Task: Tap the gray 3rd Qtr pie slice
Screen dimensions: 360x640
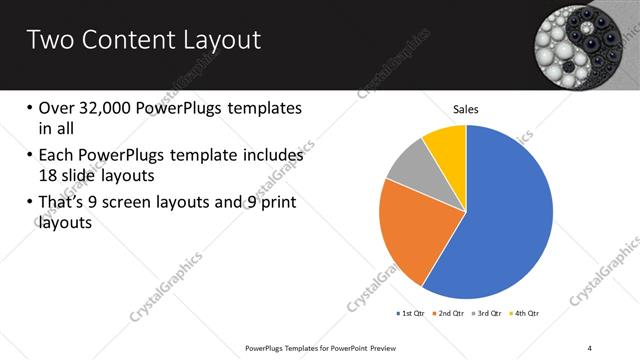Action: point(408,169)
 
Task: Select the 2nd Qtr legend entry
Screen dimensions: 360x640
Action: point(450,314)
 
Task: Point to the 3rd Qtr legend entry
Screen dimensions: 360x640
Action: point(488,314)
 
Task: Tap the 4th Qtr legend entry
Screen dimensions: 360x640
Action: point(525,314)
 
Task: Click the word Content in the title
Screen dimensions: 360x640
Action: point(124,40)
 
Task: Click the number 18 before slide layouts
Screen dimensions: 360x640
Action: point(50,174)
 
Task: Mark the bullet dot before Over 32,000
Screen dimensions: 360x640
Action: point(30,108)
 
